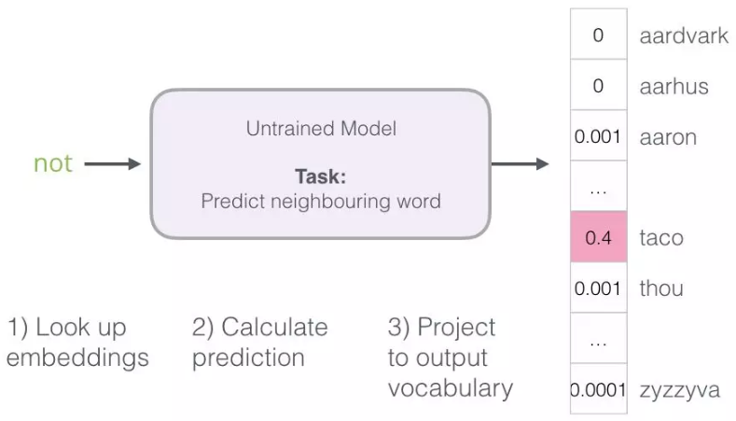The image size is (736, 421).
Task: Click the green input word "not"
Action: (x=52, y=163)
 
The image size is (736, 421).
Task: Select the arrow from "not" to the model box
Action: (x=112, y=164)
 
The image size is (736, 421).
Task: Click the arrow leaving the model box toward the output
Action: (x=520, y=164)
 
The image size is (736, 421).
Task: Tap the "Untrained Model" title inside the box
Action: (x=321, y=129)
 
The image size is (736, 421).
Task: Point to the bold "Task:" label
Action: (x=320, y=176)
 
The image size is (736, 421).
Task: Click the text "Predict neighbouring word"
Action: (x=321, y=201)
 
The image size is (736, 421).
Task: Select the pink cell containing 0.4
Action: (x=598, y=238)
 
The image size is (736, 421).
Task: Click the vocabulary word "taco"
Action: (x=660, y=238)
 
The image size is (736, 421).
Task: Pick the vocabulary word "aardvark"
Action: (x=683, y=35)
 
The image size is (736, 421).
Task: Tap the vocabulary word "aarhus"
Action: (x=674, y=87)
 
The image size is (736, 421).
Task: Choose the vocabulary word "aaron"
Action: (x=667, y=137)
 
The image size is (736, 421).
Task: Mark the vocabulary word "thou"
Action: (x=661, y=288)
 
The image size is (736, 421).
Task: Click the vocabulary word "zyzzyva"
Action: (x=679, y=390)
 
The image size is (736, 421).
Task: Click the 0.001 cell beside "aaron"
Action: (x=598, y=137)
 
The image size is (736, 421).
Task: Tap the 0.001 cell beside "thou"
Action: (x=598, y=288)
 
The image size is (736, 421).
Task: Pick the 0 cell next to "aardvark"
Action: (x=598, y=35)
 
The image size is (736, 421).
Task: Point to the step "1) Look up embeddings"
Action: (x=77, y=343)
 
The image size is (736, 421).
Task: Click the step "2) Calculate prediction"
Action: (x=259, y=343)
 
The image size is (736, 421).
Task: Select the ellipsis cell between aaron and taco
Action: (x=598, y=188)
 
